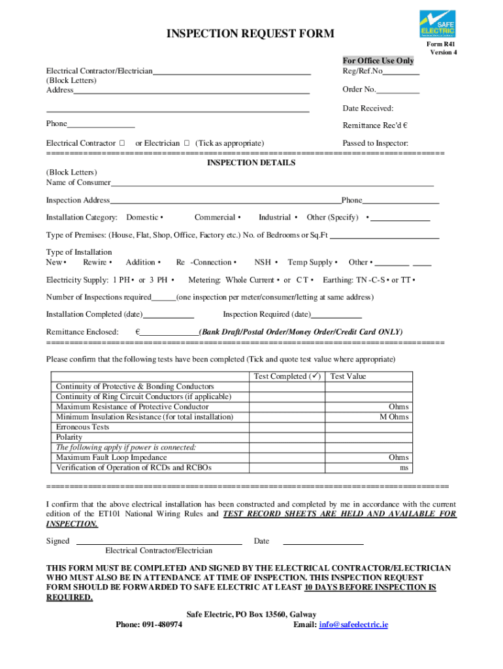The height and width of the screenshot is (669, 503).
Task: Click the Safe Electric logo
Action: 437,24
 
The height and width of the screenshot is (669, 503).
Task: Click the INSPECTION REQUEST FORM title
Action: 251,34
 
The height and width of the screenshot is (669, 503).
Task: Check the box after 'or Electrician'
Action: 187,143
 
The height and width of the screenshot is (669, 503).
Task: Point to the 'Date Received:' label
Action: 368,108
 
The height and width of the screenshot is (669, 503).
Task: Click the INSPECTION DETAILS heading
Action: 251,163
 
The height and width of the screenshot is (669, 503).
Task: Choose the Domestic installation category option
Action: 161,218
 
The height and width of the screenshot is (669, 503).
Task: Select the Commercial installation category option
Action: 240,218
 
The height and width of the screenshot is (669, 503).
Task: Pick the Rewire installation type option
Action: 110,263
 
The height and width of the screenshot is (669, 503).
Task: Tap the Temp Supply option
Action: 336,263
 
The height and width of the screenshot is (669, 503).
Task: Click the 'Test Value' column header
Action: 348,376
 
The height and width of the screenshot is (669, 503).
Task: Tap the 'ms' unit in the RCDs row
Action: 404,468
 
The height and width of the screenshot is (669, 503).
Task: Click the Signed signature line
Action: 159,543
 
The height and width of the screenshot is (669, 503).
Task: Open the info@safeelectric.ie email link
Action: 353,625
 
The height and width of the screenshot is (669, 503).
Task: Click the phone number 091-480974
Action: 161,625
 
